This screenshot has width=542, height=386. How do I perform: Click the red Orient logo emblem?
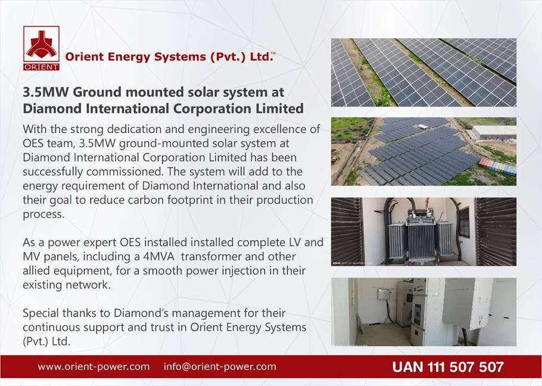click(42, 44)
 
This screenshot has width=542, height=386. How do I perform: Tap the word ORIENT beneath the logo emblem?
click(42, 67)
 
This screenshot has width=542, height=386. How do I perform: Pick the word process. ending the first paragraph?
click(43, 214)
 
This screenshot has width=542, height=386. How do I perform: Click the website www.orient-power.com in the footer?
click(94, 367)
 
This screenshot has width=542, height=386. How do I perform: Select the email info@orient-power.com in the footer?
click(220, 367)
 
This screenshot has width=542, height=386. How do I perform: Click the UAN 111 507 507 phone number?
click(448, 367)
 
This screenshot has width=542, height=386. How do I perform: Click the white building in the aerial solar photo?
click(494, 132)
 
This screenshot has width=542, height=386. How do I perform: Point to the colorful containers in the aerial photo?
click(497, 167)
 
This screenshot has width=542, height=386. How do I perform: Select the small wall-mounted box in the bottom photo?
click(384, 294)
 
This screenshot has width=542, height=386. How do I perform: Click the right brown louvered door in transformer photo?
click(496, 232)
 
